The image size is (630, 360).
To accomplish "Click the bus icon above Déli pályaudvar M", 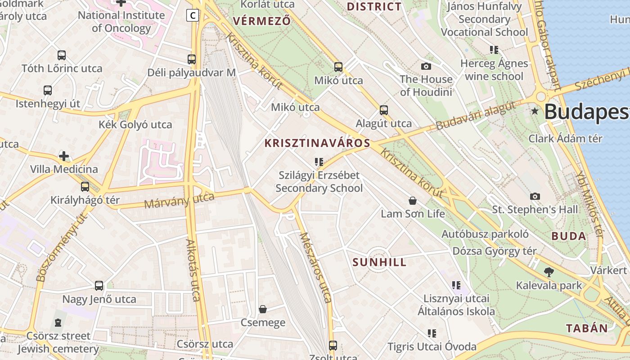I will pos(192,59).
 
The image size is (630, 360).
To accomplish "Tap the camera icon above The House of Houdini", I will pos(426,66).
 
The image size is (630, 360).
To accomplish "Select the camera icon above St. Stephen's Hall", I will pos(535,196).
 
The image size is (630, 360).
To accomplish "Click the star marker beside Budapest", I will pos(535,111).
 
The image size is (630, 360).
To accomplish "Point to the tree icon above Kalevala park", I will pos(549,272).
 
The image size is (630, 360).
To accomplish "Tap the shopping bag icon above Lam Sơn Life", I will pos(412,200).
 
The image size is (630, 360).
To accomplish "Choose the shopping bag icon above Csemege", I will pos(263,309).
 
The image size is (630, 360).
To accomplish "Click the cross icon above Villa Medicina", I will pos(64,156).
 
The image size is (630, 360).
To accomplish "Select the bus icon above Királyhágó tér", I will pos(85,186).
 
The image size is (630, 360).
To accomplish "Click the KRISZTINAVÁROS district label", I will pos(317,144).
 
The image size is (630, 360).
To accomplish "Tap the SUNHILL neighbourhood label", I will pos(379,262).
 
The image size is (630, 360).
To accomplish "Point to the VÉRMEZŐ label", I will pos(261,21).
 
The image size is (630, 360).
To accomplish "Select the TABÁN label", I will pos(587,328).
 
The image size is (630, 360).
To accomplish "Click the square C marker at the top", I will pos(193,16).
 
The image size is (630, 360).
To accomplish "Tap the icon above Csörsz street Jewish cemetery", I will pos(58,323).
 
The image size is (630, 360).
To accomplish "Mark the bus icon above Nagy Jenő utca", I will pos(99,285).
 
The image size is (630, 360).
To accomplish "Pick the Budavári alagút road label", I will pos(475,116).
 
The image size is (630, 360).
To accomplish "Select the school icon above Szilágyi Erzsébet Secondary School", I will pos(319,162).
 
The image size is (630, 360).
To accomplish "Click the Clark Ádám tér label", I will pos(565,138).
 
